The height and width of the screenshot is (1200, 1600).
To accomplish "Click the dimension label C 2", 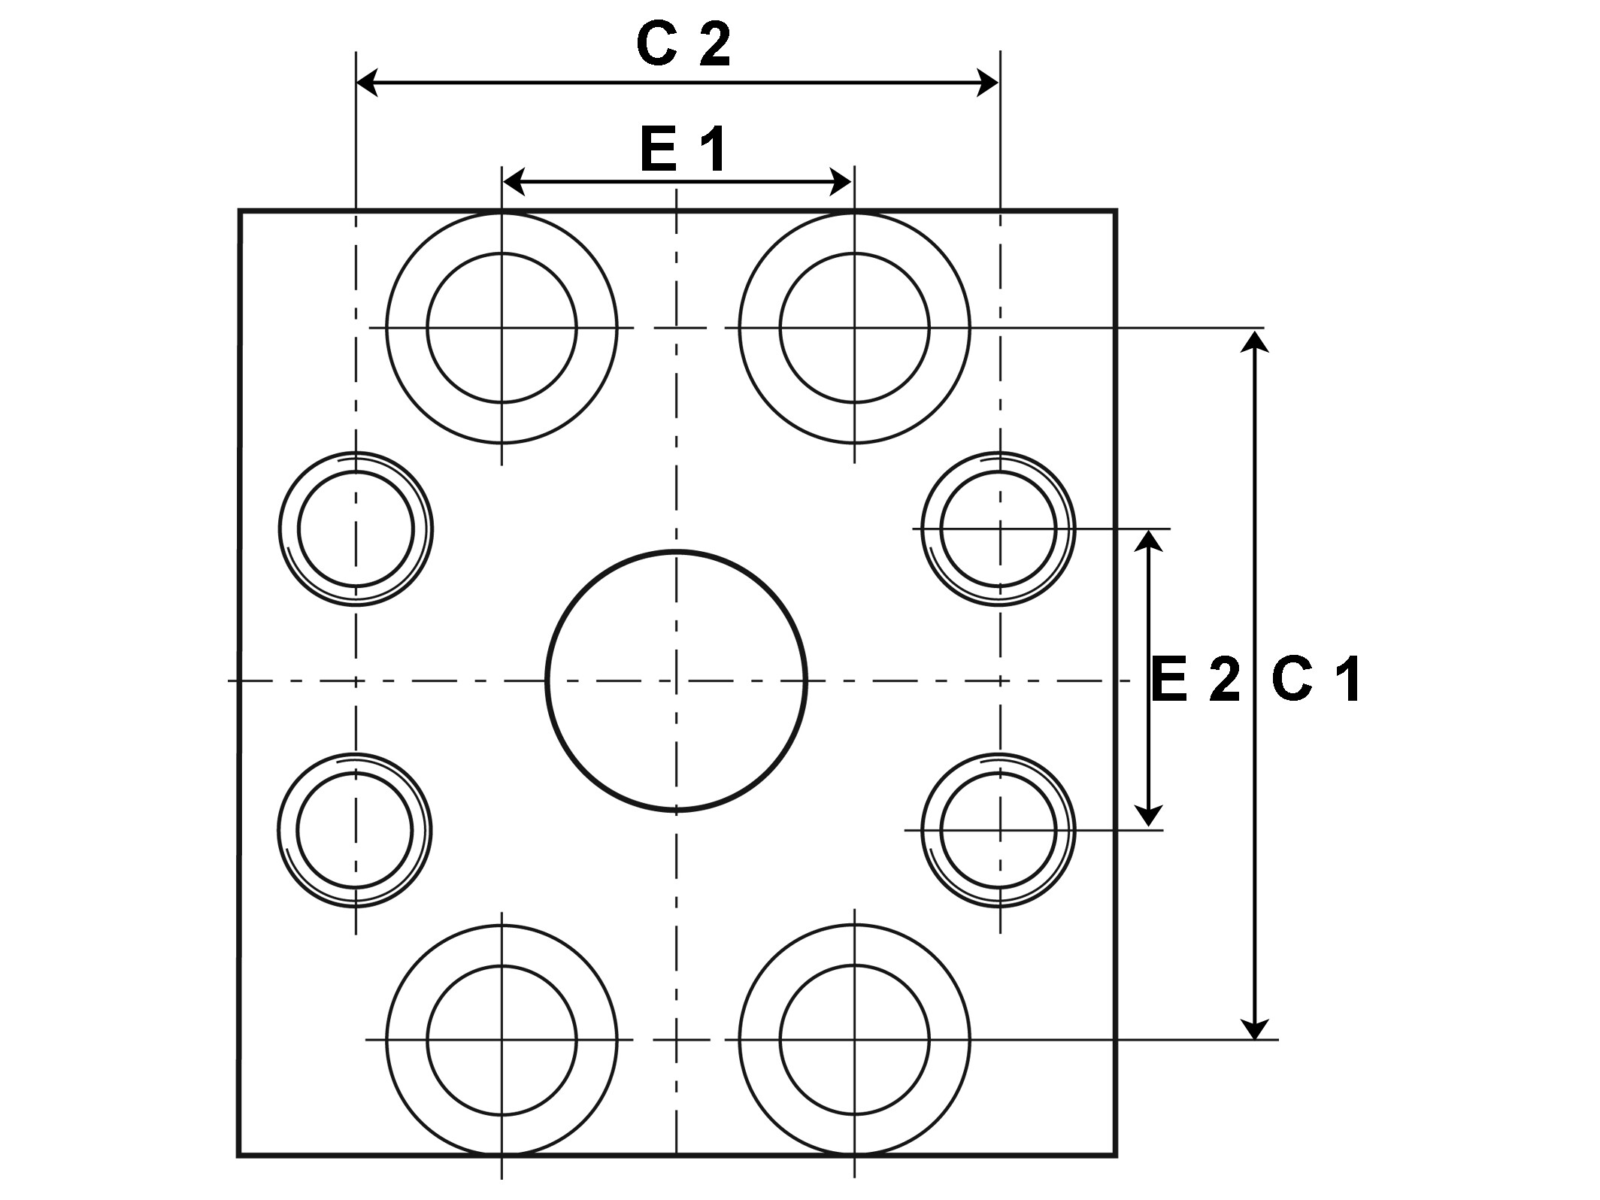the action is point(683,44).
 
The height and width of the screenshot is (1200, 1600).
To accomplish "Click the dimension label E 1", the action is point(683,150).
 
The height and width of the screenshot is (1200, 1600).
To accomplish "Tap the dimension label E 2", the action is point(1195,680).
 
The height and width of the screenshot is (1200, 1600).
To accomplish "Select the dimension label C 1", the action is point(1316,680).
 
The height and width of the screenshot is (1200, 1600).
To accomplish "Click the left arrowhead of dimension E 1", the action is point(514,181).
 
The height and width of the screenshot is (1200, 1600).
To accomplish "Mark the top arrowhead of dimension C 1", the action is point(1254,341).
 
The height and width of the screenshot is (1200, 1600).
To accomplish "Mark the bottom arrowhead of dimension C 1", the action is point(1254,1027).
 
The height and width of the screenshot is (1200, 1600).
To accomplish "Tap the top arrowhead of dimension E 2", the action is point(1148,541).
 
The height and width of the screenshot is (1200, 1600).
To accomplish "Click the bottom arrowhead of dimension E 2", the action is point(1148,817).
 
